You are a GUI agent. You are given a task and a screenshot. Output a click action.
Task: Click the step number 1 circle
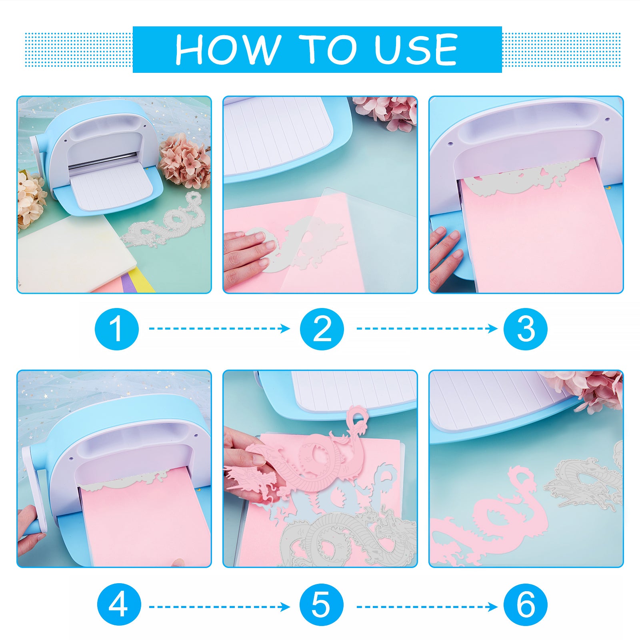pyautogui.click(x=117, y=329)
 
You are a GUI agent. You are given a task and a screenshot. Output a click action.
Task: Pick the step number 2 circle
pyautogui.click(x=322, y=329)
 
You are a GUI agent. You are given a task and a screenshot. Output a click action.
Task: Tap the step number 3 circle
pyautogui.click(x=526, y=329)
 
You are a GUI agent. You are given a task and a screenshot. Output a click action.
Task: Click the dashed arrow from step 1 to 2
pyautogui.click(x=220, y=328)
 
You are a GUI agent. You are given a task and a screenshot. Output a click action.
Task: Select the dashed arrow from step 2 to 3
pyautogui.click(x=427, y=328)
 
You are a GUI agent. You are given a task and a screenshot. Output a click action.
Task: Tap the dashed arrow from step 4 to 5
pyautogui.click(x=220, y=607)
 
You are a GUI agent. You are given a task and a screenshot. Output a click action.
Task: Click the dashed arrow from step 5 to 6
pyautogui.click(x=427, y=607)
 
